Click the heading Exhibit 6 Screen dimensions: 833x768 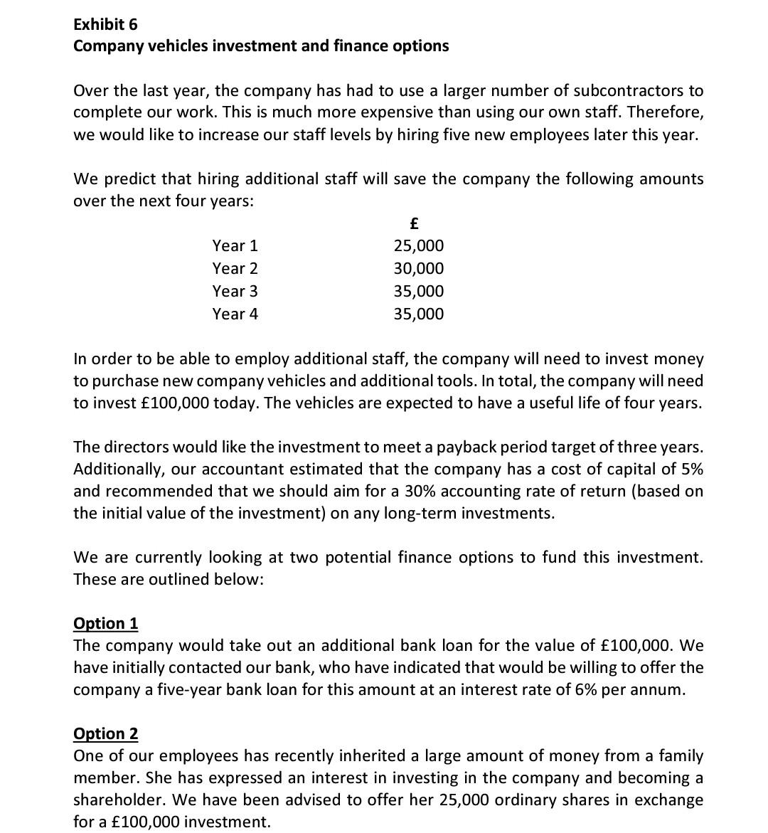pos(105,24)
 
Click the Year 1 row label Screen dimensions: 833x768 pos(235,246)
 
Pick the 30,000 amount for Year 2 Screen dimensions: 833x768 pos(419,269)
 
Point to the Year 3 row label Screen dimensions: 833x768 pos(235,292)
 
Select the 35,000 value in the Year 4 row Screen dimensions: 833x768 pos(419,314)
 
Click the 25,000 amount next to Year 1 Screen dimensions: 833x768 pos(419,246)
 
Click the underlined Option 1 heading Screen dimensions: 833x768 pos(106,623)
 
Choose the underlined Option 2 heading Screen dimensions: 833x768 pos(106,733)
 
